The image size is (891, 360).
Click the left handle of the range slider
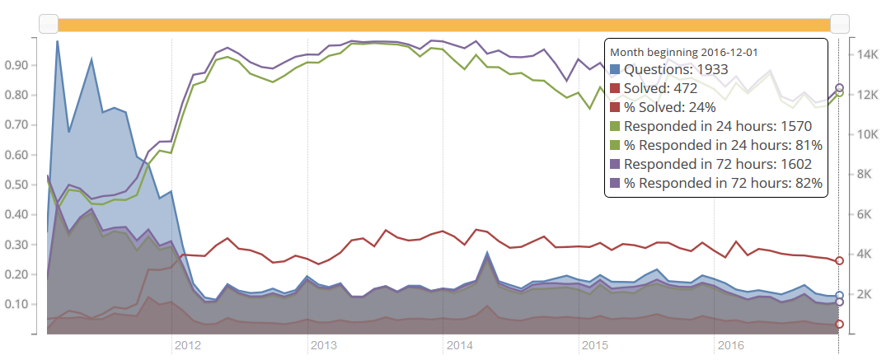pos(49,24)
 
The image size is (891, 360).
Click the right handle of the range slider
pos(840,24)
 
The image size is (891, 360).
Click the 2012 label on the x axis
pos(187,345)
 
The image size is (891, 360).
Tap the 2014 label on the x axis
pos(459,345)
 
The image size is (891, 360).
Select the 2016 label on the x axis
pos(731,345)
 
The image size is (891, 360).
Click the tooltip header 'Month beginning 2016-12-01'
pos(683,52)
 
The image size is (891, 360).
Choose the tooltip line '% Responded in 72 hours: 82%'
pos(723,184)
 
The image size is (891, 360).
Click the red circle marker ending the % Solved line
pos(839,260)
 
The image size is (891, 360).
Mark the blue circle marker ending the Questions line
pos(839,295)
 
